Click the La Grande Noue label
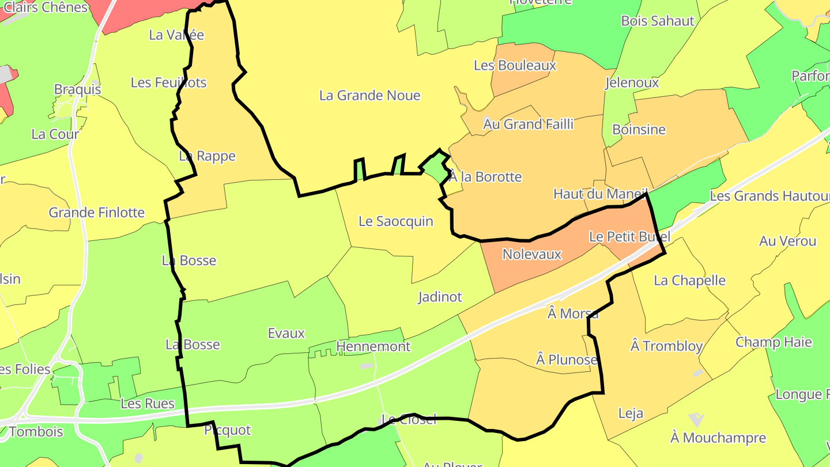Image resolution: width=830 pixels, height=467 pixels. coord(369,96)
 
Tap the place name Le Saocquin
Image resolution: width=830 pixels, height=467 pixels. coord(395,221)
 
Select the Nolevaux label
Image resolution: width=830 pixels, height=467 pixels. coord(531,254)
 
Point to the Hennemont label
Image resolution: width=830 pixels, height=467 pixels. coord(373,347)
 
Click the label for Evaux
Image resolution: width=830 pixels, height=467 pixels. coord(286,333)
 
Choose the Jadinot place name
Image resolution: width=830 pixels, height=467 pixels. coord(440,297)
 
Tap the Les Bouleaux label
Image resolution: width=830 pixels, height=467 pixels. coord(515,66)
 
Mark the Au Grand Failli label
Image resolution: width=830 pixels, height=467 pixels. coord(528,124)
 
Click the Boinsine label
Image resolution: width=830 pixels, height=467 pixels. coord(639,130)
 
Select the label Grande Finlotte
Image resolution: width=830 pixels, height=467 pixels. coord(96,213)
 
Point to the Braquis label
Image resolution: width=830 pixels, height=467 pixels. coord(77,89)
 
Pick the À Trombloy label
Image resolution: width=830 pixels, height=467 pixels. coord(666,346)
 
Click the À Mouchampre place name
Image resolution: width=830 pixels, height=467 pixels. coord(718,438)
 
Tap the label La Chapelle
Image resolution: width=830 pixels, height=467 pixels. coord(689,281)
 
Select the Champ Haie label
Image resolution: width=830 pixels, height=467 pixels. coord(774,342)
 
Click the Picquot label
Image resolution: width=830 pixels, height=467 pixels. coord(228,430)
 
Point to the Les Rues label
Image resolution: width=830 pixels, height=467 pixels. coord(147,404)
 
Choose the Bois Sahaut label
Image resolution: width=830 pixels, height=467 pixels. coord(657,21)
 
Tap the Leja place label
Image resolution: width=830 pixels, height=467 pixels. coord(631,413)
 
